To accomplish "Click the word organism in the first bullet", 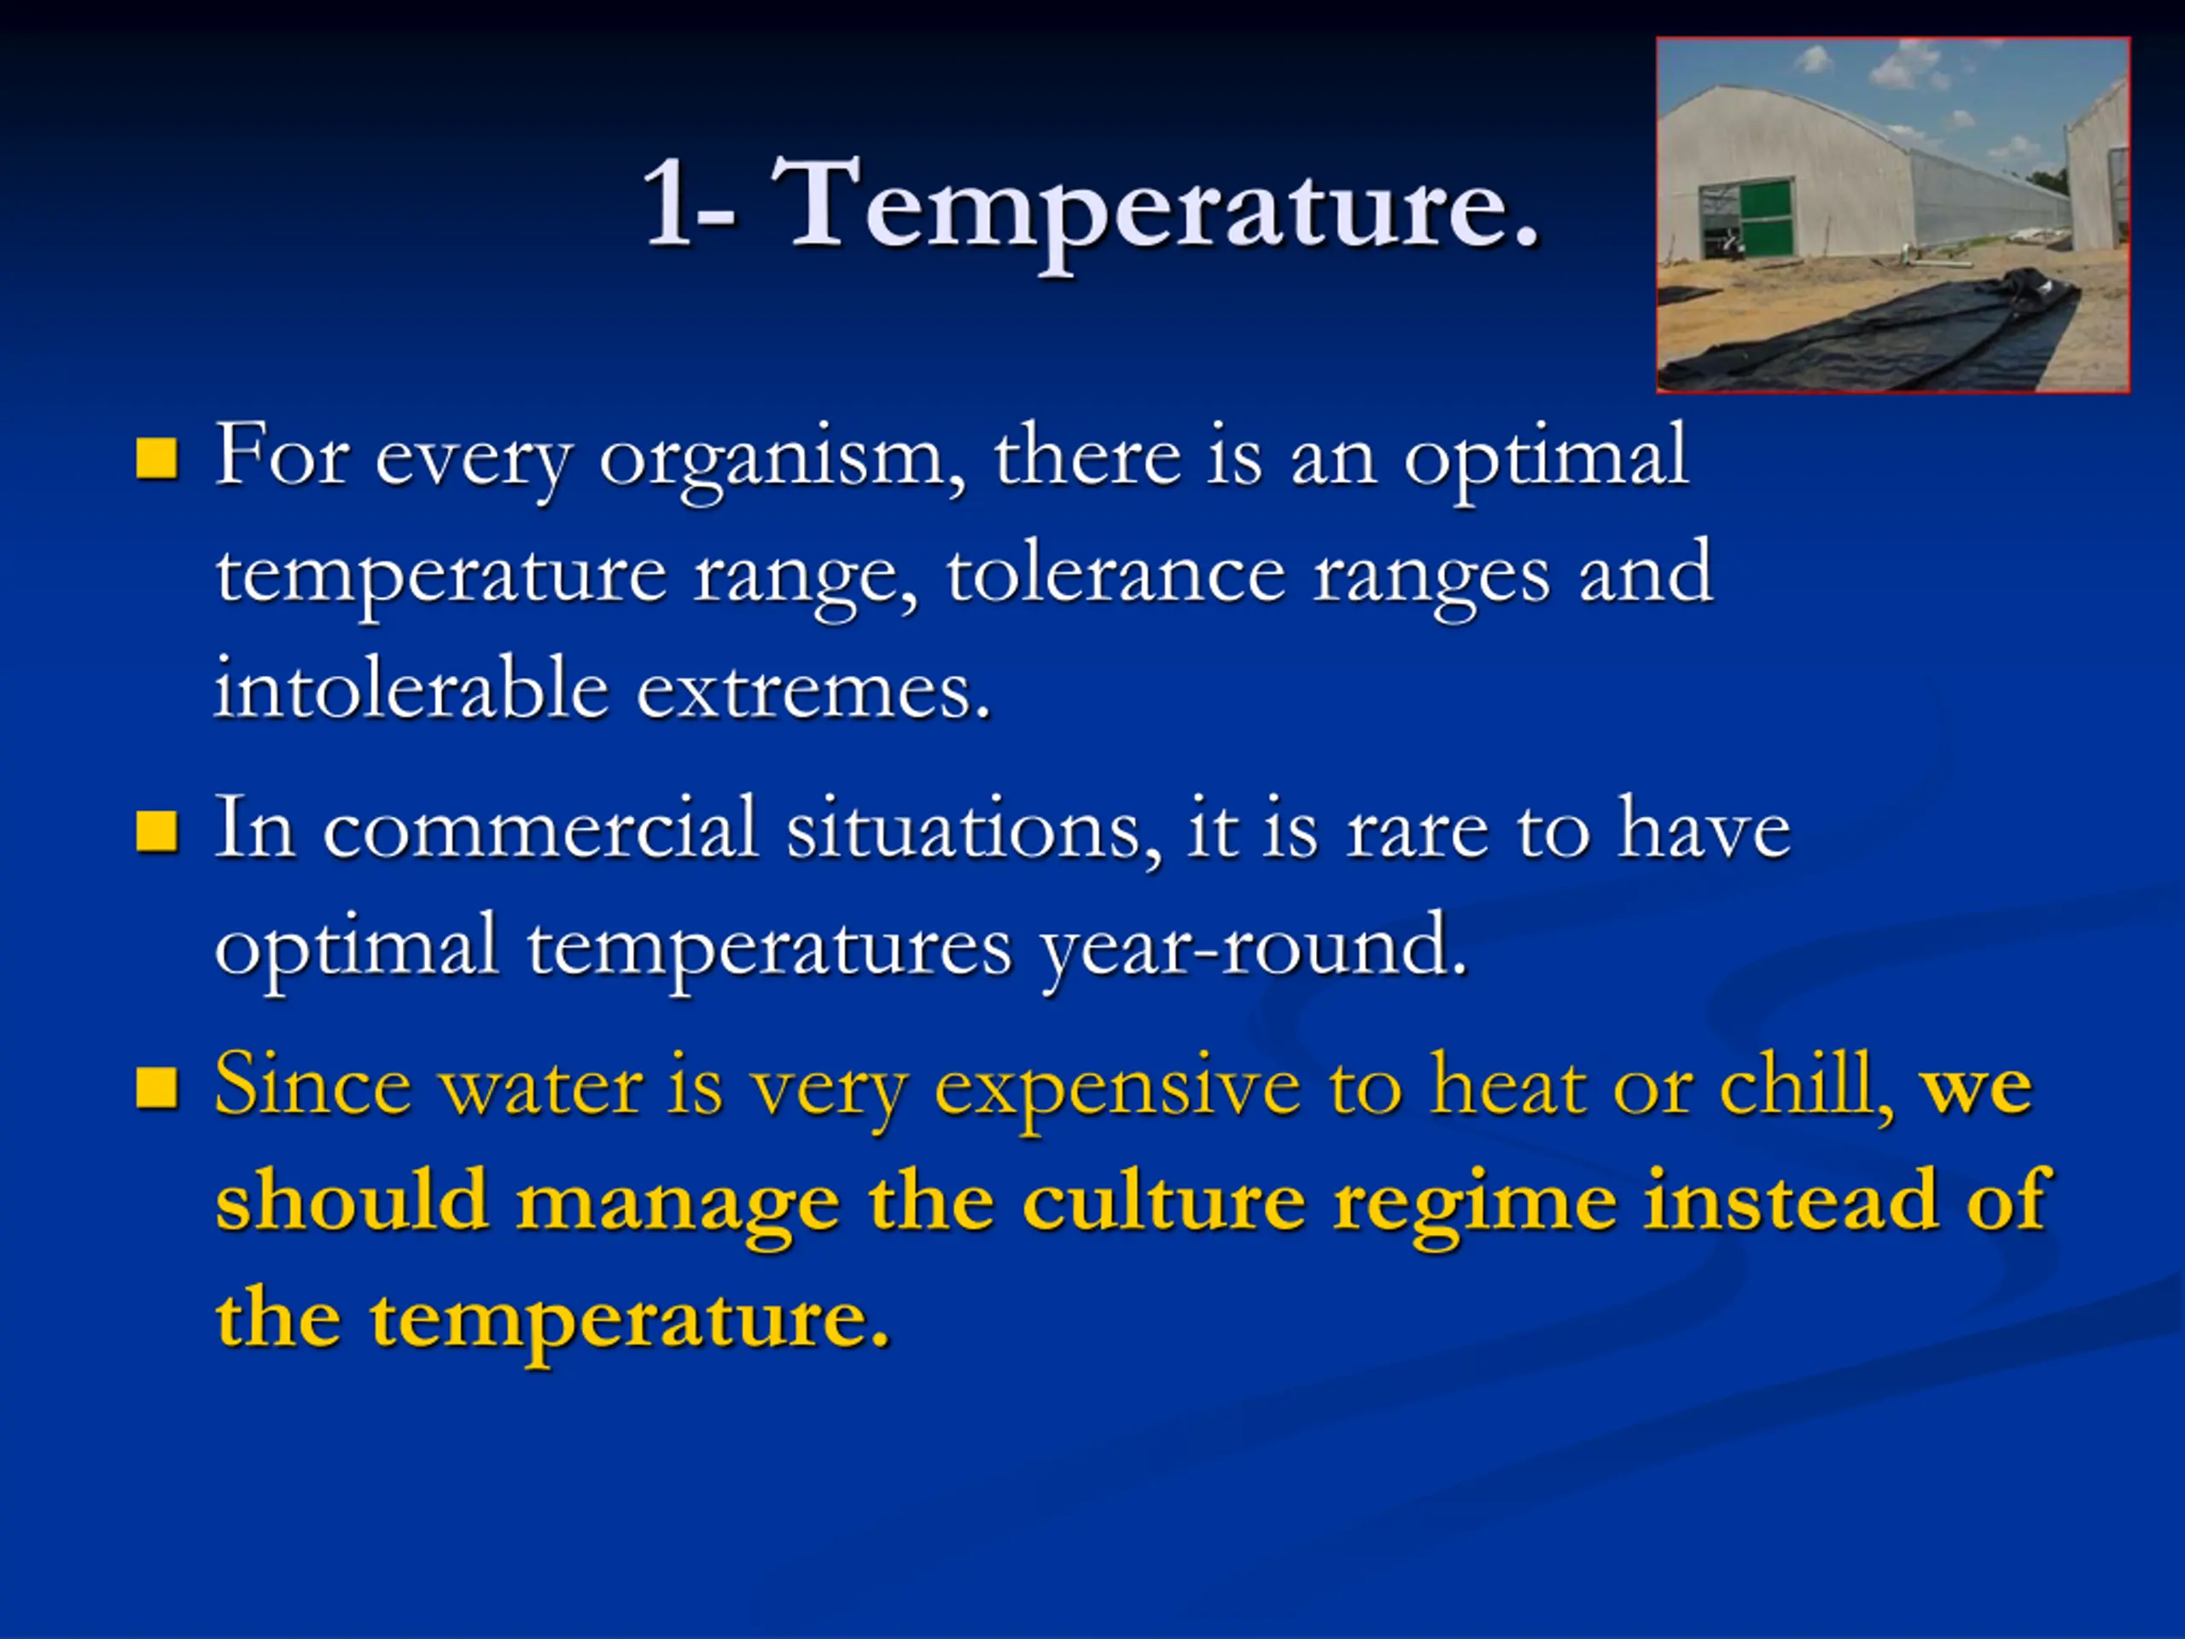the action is pos(781,459).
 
